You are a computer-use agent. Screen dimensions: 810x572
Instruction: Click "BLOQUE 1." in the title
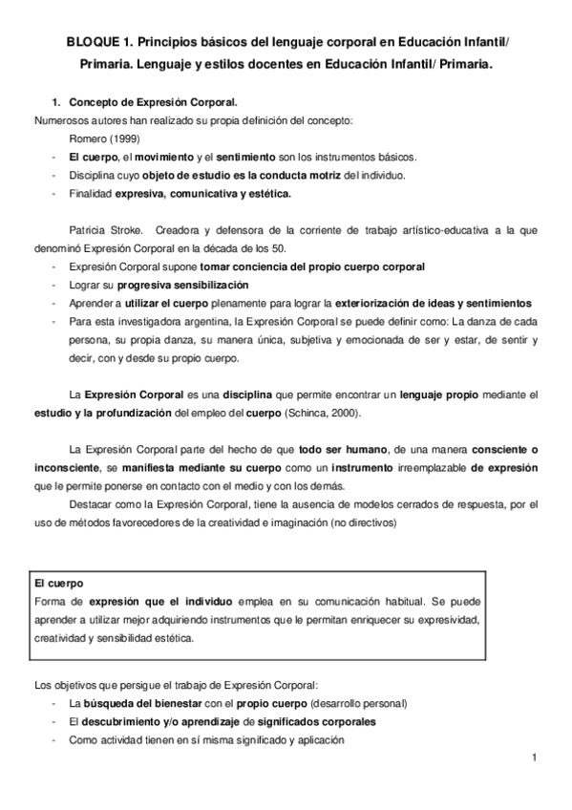tap(97, 44)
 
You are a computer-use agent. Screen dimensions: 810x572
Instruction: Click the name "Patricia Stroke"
tap(106, 230)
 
